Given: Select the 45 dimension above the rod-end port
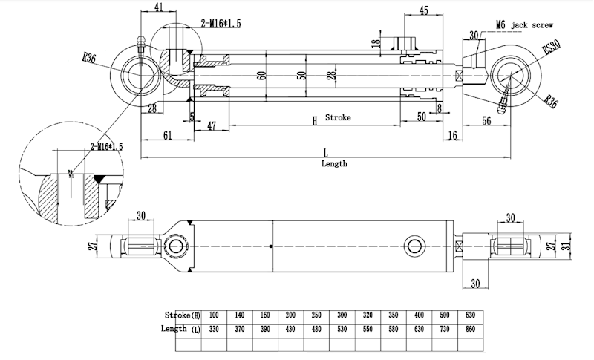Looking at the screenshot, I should click(x=422, y=10).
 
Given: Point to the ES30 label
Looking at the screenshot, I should click(x=551, y=49).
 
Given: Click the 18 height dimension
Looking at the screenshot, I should click(x=375, y=44).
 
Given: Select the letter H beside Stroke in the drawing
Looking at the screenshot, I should click(x=314, y=120).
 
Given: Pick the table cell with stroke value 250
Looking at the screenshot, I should click(x=317, y=315).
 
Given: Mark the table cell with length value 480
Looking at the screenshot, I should click(x=317, y=328).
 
